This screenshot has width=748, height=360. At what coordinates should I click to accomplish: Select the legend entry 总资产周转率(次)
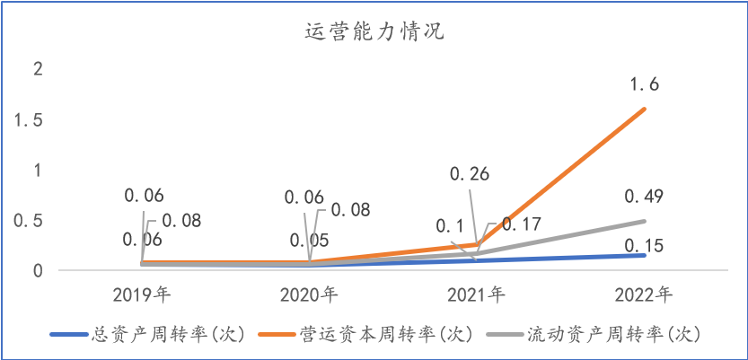tap(167, 334)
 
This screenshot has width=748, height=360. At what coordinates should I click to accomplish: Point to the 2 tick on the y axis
tap(36, 69)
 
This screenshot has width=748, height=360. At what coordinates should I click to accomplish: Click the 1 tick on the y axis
tap(36, 170)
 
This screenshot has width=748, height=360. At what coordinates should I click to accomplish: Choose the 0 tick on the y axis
tap(36, 270)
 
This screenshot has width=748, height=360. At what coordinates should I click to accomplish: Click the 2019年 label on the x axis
tap(143, 294)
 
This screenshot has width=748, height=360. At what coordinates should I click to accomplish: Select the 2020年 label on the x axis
tap(310, 294)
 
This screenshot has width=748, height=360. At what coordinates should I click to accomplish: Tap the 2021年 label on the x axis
tap(477, 294)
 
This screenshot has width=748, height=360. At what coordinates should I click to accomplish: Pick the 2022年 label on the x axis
tap(645, 294)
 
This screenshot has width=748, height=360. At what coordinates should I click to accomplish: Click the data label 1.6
tap(645, 85)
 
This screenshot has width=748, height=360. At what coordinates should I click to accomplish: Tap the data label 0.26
tap(469, 173)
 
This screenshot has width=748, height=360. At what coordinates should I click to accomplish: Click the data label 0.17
tap(521, 224)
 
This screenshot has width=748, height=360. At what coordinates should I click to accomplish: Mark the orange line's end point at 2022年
tap(645, 110)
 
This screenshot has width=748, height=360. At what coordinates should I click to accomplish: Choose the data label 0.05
tap(309, 240)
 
